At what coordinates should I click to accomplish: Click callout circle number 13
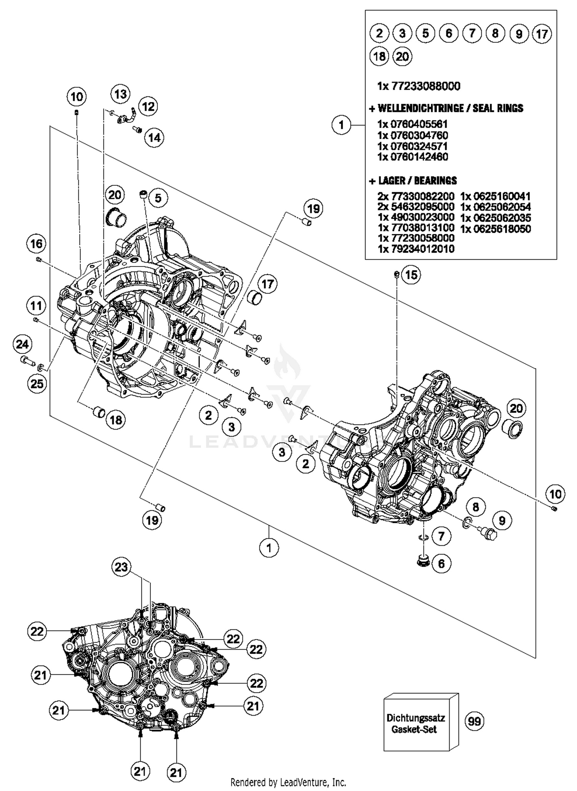(x=120, y=94)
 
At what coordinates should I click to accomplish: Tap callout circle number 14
(x=154, y=137)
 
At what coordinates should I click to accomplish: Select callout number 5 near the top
(x=158, y=198)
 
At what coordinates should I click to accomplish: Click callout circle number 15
(x=411, y=275)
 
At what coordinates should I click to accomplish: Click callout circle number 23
(x=122, y=567)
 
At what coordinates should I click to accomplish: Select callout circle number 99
(x=474, y=721)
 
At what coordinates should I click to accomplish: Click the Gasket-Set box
(x=416, y=723)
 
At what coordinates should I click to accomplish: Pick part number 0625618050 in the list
(x=495, y=229)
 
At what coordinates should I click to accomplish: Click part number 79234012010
(x=416, y=249)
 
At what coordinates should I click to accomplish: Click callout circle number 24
(x=22, y=344)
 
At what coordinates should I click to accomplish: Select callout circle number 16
(x=37, y=243)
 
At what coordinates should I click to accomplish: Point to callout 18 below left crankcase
(x=116, y=420)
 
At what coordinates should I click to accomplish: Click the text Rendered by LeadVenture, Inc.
(x=288, y=782)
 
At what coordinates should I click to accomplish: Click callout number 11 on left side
(x=36, y=306)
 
